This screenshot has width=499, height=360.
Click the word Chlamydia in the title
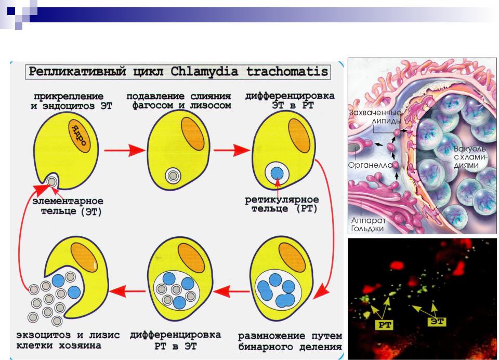click(204, 72)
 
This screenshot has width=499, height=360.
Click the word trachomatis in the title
click(287, 71)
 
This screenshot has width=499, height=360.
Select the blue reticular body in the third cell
click(277, 173)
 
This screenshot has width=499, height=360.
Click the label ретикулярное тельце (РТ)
click(282, 204)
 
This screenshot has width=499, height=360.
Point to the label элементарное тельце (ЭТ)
click(68, 206)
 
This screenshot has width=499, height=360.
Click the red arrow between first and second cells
click(124, 150)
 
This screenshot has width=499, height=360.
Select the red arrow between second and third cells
click(231, 150)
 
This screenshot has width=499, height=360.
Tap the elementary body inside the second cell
click(173, 175)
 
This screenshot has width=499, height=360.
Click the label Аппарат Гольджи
click(368, 224)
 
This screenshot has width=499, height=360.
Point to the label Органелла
click(370, 165)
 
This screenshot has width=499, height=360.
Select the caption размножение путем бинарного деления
click(290, 341)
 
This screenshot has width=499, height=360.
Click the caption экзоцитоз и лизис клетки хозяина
click(68, 340)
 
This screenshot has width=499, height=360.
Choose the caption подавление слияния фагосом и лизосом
click(178, 101)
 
